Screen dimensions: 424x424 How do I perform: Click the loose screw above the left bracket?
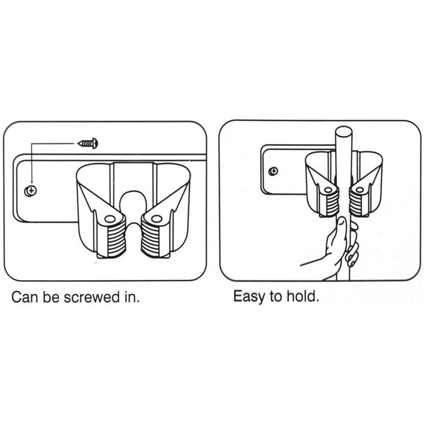tap(88, 143)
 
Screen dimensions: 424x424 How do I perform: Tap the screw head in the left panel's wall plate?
tap(31, 191)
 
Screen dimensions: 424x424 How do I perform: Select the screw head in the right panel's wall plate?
tap(273, 171)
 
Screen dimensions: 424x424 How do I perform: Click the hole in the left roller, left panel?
tap(109, 219)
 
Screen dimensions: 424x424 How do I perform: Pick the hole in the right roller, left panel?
tap(156, 218)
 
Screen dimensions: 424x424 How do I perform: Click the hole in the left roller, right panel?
tap(328, 190)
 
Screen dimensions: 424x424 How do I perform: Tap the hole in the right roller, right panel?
tap(360, 190)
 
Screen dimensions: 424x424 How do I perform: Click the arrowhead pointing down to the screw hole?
tap(31, 183)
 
